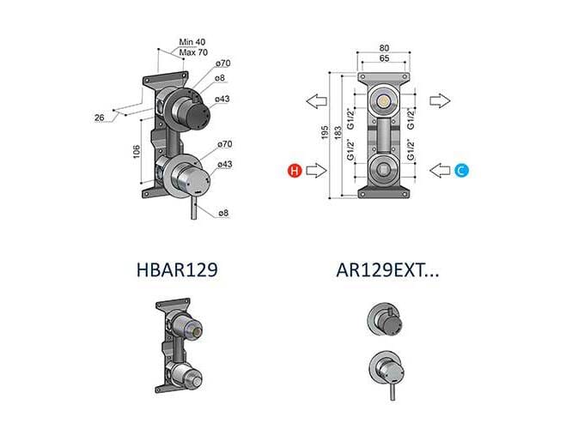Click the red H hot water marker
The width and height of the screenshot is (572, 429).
[295, 171]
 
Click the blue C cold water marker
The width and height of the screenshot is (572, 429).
[461, 171]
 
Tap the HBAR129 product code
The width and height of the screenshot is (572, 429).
[177, 270]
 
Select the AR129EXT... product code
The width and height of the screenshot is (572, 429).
[387, 270]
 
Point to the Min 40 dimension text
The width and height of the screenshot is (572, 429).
[192, 42]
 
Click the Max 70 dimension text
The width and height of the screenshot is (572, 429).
[193, 52]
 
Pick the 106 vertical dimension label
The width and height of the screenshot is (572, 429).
[137, 152]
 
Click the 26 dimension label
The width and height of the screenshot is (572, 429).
[100, 118]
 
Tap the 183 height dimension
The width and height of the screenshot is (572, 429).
[338, 132]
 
